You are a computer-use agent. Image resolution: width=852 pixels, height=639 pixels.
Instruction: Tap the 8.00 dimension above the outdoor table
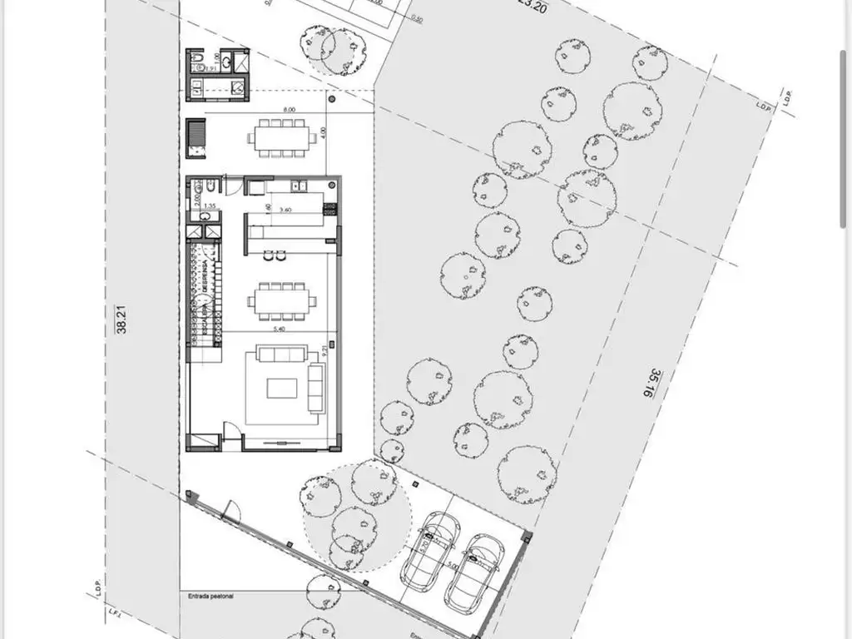click(289, 109)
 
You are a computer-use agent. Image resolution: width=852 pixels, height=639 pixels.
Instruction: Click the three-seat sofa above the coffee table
click(281, 354)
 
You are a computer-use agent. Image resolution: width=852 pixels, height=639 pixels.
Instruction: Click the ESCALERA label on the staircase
click(200, 321)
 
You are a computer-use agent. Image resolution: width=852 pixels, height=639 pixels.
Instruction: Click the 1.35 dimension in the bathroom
click(210, 206)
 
